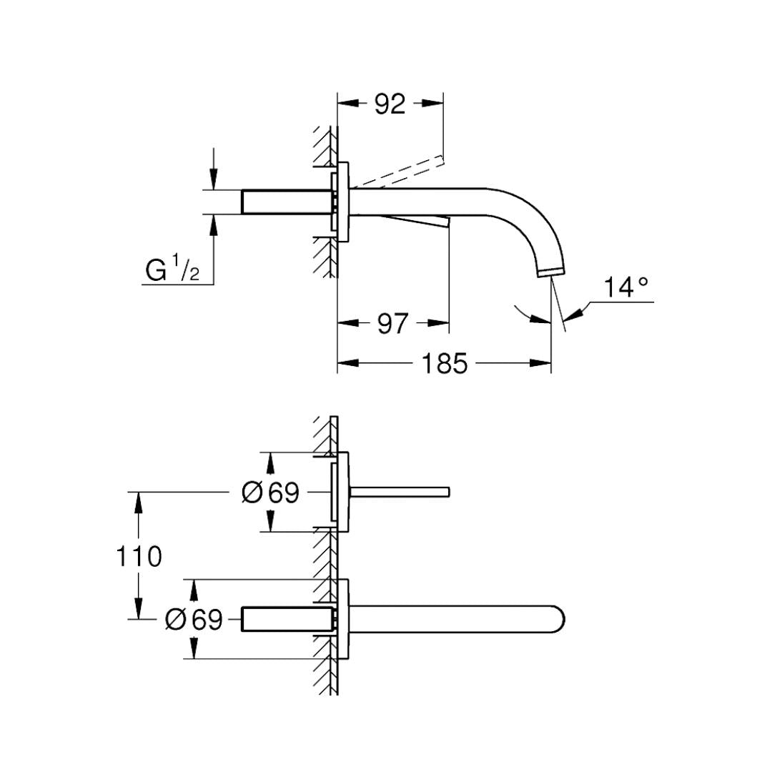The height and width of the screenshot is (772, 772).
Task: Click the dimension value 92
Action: click(390, 104)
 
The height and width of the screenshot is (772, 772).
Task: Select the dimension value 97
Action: click(392, 324)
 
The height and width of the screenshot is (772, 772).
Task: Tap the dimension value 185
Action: click(444, 364)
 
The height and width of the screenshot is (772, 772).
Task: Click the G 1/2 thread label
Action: click(172, 270)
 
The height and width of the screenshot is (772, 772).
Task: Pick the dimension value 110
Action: click(139, 556)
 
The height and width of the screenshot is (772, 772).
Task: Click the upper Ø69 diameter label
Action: click(270, 493)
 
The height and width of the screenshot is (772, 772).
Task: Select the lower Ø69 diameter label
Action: click(193, 619)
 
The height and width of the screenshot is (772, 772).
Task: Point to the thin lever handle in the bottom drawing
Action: click(400, 491)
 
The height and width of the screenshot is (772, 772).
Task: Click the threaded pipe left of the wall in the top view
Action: click(286, 202)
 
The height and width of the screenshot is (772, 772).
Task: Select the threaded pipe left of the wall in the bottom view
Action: click(286, 619)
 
